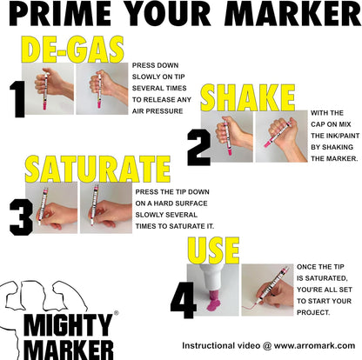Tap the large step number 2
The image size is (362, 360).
[199, 149]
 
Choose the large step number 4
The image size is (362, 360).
[183, 299]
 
